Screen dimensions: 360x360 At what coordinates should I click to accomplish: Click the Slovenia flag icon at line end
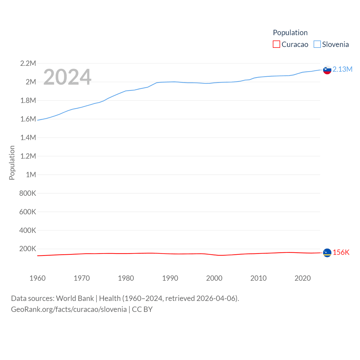(x=327, y=70)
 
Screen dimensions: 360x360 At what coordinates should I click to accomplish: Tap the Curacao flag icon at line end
(x=327, y=253)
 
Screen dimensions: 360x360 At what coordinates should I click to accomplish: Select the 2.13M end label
(x=342, y=69)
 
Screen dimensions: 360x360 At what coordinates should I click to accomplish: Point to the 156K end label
(x=341, y=252)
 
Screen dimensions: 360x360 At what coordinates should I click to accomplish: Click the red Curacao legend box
(x=276, y=44)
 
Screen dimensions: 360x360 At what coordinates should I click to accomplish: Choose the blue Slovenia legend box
(x=317, y=44)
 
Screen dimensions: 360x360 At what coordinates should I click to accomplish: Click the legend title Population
(x=290, y=33)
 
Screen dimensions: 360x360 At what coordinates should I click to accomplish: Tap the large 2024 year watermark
(x=67, y=77)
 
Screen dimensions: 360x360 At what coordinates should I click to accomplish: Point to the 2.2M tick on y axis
(x=28, y=63)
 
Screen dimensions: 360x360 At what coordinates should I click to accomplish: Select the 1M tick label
(x=31, y=175)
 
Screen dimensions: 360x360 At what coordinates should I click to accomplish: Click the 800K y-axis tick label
(x=28, y=193)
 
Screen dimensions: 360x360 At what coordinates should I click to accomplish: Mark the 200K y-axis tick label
(x=28, y=249)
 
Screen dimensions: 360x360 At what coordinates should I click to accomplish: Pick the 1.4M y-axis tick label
(x=28, y=138)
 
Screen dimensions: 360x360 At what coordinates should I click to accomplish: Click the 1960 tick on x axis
(x=37, y=278)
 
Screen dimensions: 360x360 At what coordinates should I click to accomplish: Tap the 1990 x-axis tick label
(x=170, y=278)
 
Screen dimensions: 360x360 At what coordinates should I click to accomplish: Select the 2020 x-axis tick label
(x=303, y=278)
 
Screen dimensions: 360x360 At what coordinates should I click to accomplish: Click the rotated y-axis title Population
(x=12, y=163)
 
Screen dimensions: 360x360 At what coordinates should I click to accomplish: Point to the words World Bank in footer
(x=75, y=298)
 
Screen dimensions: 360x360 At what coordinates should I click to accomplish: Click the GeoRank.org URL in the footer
(x=69, y=309)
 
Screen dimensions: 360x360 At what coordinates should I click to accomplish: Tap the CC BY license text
(x=142, y=309)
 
